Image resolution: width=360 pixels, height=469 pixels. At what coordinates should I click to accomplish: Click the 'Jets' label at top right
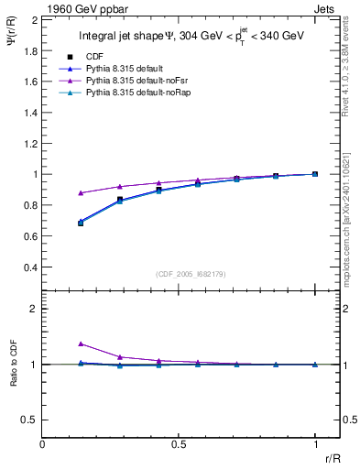pyautogui.click(x=326, y=8)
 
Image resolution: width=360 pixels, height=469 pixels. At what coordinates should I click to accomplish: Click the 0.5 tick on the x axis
pyautogui.click(x=179, y=444)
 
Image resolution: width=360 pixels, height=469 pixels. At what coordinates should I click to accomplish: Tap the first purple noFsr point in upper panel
pyautogui.click(x=81, y=192)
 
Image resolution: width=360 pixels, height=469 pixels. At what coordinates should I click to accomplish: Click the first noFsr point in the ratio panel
pyautogui.click(x=81, y=344)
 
